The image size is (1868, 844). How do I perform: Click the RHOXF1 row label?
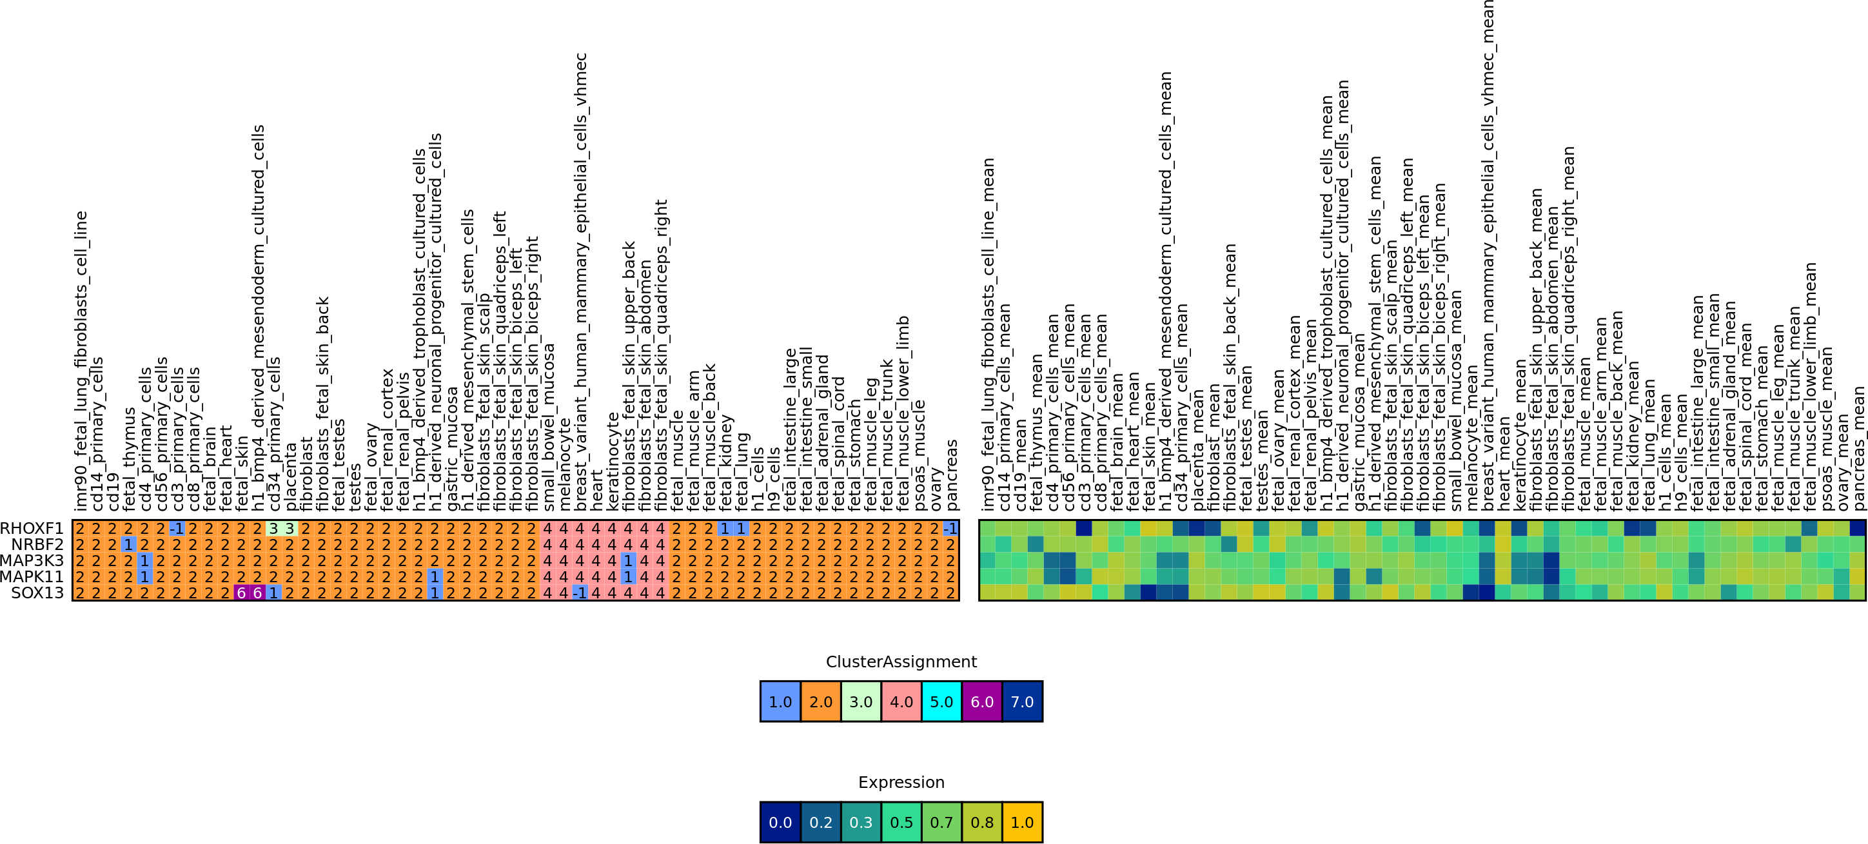coord(32,529)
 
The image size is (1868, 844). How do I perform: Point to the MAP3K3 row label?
coord(32,560)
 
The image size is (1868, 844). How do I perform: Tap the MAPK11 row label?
coord(32,576)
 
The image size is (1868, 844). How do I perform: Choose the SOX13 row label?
coord(37,593)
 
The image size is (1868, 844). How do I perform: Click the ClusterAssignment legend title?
coord(901,662)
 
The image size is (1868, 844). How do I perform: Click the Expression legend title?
coord(901,781)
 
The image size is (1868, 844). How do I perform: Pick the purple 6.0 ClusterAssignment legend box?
coord(981,701)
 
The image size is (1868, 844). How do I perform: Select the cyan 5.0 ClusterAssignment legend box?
coord(941,701)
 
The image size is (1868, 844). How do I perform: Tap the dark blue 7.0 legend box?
coord(1022,701)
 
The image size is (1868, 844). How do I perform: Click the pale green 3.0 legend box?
coord(861,701)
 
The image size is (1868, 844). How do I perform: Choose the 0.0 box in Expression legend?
coord(780,822)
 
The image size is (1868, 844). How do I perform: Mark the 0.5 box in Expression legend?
coord(901,822)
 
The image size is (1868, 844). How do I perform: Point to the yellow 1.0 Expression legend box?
coord(1022,822)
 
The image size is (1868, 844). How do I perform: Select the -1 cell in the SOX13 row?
coord(580,593)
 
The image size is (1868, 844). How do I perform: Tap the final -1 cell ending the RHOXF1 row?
coord(950,529)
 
